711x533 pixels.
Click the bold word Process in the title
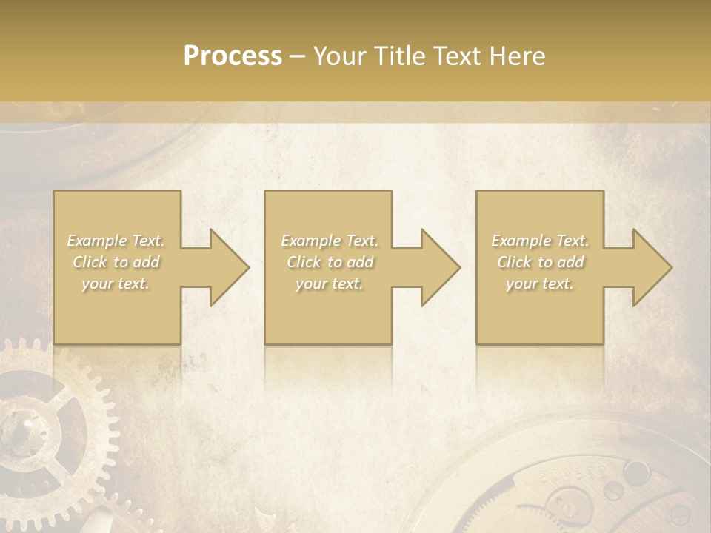click(233, 56)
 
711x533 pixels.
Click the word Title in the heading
click(398, 56)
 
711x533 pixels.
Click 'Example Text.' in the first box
click(116, 241)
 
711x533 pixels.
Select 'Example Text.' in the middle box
click(330, 241)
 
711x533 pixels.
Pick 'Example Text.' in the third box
click(540, 241)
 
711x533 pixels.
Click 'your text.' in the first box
click(116, 284)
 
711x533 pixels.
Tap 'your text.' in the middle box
click(329, 284)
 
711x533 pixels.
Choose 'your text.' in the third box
click(539, 284)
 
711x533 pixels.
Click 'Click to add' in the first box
click(116, 262)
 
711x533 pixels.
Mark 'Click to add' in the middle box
click(330, 262)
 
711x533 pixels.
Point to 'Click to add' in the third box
click(540, 262)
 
